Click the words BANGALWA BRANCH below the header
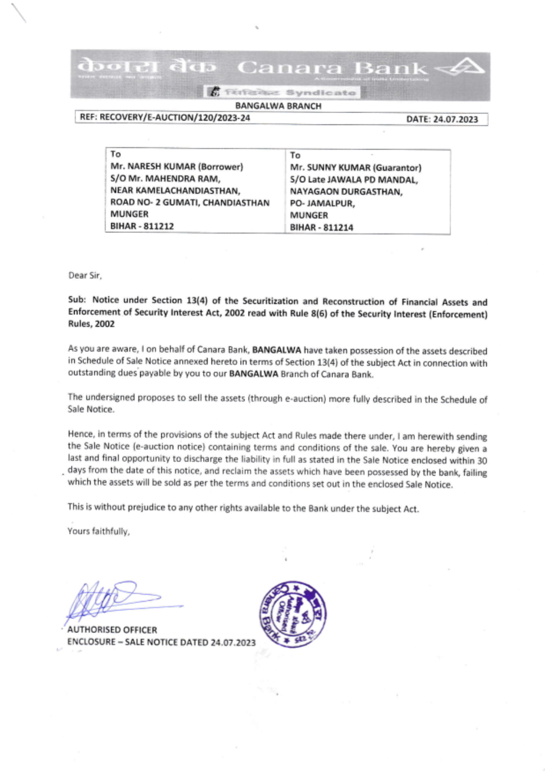point(278,106)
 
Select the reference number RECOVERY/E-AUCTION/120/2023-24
point(175,118)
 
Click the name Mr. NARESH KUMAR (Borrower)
point(177,166)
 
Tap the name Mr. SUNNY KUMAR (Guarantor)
point(355,167)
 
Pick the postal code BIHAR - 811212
point(142,226)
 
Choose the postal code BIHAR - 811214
point(322,228)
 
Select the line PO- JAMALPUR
point(322,204)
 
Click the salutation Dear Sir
point(84,276)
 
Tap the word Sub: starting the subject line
point(77,300)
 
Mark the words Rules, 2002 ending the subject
point(91,324)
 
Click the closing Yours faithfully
point(98,531)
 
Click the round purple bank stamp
point(293,614)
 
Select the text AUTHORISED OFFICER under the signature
point(112,630)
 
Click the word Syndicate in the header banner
point(321,93)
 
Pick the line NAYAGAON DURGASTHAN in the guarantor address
point(346,191)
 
